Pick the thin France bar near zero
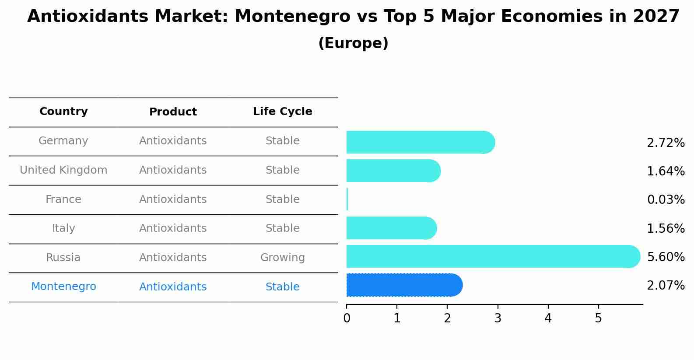[347, 199]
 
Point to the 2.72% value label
[666, 143]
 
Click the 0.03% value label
[666, 200]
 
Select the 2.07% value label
[666, 286]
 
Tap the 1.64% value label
[666, 171]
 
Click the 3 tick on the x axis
[498, 318]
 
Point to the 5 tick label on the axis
[598, 318]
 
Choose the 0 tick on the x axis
[347, 318]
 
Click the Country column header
[63, 112]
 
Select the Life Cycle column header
[282, 112]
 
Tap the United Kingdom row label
[63, 170]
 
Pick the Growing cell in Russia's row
[282, 258]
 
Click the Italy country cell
[63, 228]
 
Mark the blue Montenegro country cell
[63, 287]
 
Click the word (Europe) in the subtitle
[353, 43]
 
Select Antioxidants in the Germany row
[173, 141]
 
